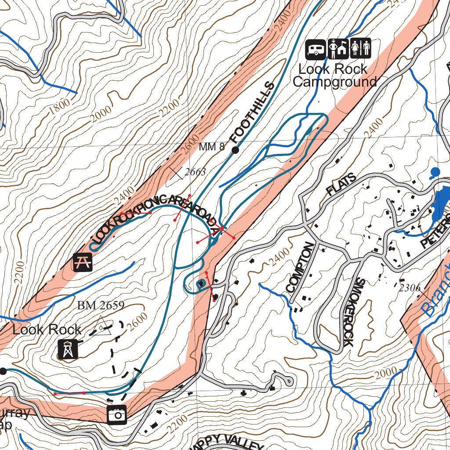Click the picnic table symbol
click(x=83, y=262)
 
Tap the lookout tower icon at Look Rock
click(x=68, y=348)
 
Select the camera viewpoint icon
click(x=117, y=414)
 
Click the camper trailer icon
click(x=316, y=49)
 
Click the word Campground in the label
click(x=335, y=82)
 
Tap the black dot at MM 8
click(x=235, y=150)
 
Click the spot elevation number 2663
click(x=195, y=172)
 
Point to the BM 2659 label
click(x=101, y=305)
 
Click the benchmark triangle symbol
click(x=102, y=326)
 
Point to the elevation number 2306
click(x=410, y=288)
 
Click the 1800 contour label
click(x=59, y=106)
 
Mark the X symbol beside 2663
click(x=176, y=173)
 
